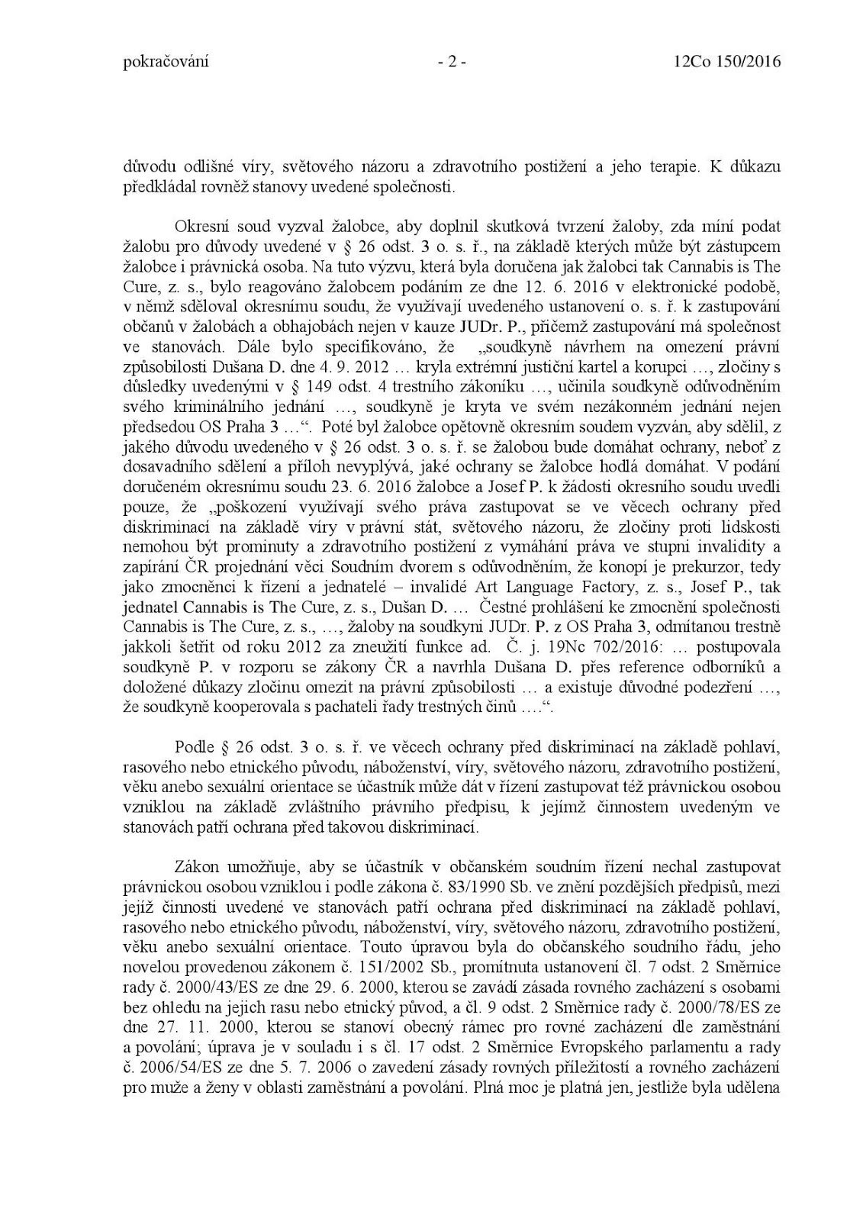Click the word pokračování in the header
pos(165,63)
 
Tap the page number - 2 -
pos(452,63)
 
